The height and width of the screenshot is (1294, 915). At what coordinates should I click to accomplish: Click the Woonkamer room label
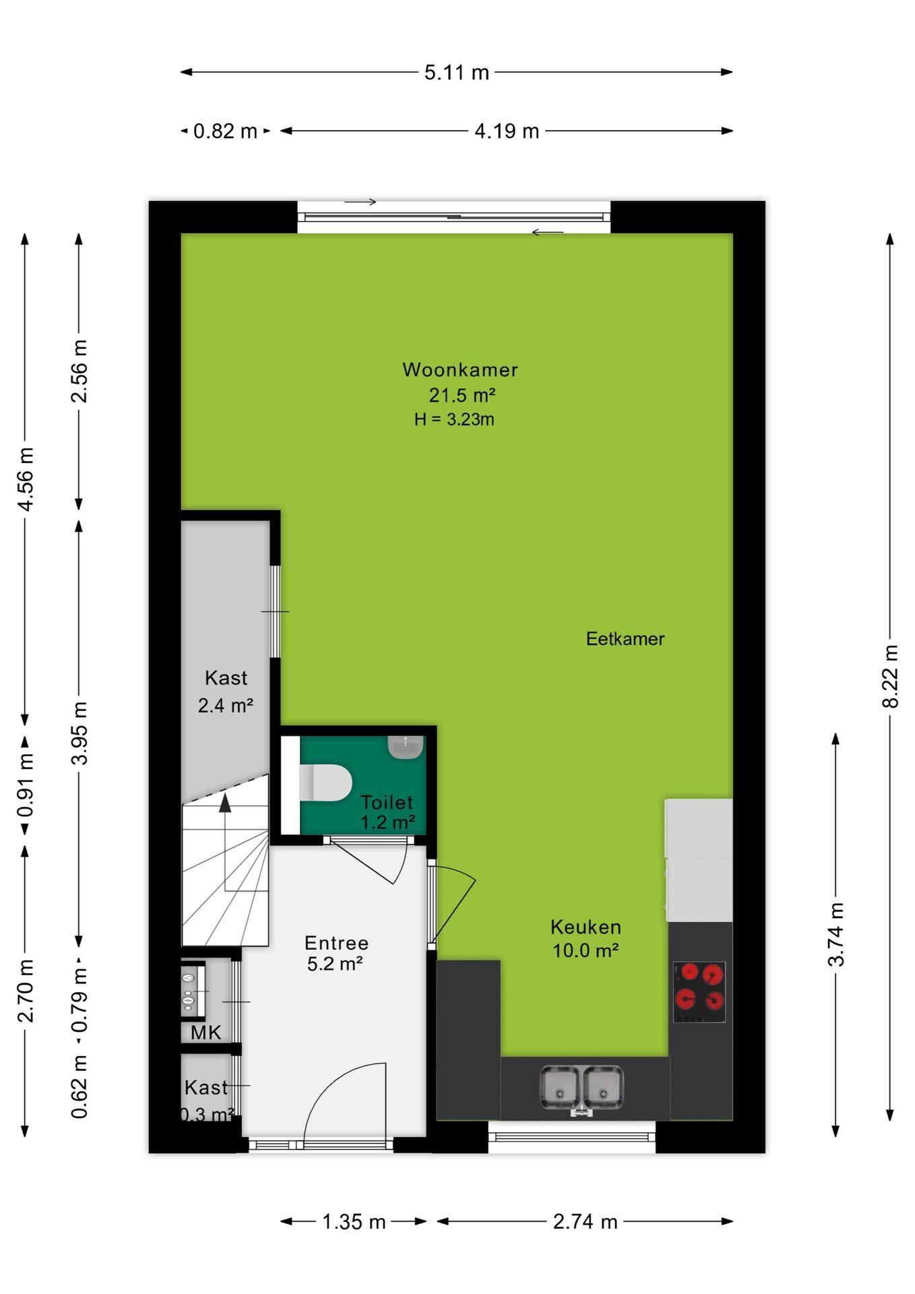tap(460, 369)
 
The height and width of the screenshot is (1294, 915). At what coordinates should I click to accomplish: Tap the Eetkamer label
tap(625, 639)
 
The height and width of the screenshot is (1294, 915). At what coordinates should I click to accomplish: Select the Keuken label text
tap(586, 927)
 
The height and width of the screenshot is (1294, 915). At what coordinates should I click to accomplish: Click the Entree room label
tap(336, 942)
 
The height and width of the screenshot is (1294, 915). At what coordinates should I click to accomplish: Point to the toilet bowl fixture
tap(325, 782)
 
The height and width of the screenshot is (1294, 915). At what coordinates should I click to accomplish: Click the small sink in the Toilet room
tap(405, 747)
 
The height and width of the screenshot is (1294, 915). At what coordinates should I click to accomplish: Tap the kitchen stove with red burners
tap(699, 991)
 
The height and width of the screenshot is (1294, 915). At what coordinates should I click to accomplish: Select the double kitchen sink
tap(581, 1086)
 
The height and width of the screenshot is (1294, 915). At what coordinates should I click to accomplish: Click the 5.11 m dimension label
tap(457, 72)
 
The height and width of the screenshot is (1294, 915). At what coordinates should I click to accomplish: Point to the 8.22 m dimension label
tap(890, 676)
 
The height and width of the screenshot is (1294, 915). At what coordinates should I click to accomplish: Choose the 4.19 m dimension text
tap(507, 131)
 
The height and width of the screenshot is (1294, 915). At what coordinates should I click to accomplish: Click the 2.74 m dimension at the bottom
tap(585, 1221)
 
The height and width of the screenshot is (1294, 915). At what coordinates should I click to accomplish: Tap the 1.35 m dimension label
tap(354, 1221)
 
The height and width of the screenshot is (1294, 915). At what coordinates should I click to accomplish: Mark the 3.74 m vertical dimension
tap(835, 935)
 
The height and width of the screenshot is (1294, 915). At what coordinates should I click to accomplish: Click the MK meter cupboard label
tap(206, 1032)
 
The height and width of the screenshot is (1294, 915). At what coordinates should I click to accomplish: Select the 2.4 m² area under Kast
tap(226, 706)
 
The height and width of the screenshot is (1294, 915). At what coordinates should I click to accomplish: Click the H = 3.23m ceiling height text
tap(454, 419)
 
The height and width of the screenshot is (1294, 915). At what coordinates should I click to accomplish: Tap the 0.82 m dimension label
tap(225, 131)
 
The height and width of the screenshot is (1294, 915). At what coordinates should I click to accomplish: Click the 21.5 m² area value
tap(462, 395)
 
